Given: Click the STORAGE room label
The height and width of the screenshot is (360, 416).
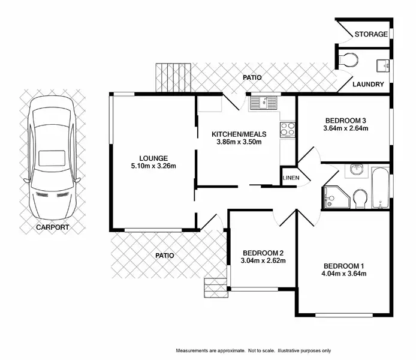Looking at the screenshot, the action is click(x=371, y=34).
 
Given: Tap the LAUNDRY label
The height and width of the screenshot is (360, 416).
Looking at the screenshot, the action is click(x=368, y=85).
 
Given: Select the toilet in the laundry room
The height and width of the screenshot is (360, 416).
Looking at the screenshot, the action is click(x=348, y=60).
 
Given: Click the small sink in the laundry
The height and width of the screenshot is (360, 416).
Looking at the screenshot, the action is click(x=383, y=65).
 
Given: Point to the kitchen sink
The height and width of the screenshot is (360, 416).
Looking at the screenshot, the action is click(x=263, y=103).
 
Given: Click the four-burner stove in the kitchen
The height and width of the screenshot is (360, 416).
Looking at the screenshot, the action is click(x=287, y=130).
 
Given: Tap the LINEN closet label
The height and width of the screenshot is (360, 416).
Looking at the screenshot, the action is click(x=291, y=178).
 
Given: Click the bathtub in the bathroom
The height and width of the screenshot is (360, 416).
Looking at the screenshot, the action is click(x=380, y=187).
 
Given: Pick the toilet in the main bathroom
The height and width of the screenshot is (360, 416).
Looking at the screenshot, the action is click(x=360, y=199).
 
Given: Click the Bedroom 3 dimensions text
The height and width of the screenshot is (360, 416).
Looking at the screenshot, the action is click(x=345, y=128).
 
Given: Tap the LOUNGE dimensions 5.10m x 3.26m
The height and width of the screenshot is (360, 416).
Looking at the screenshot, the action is click(x=153, y=166).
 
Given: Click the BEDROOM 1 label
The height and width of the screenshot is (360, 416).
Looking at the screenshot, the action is click(x=344, y=266).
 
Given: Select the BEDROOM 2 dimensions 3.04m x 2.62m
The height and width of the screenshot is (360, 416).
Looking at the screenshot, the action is click(x=263, y=261).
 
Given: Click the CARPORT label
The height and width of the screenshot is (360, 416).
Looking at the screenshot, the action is click(x=53, y=227).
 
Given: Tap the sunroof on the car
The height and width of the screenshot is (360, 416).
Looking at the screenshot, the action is click(x=52, y=158).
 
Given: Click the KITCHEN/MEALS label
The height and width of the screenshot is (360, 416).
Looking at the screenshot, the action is click(x=239, y=134).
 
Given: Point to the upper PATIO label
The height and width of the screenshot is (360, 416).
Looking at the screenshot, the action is click(x=252, y=77).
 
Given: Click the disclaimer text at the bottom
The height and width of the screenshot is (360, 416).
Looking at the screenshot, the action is click(x=254, y=351).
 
